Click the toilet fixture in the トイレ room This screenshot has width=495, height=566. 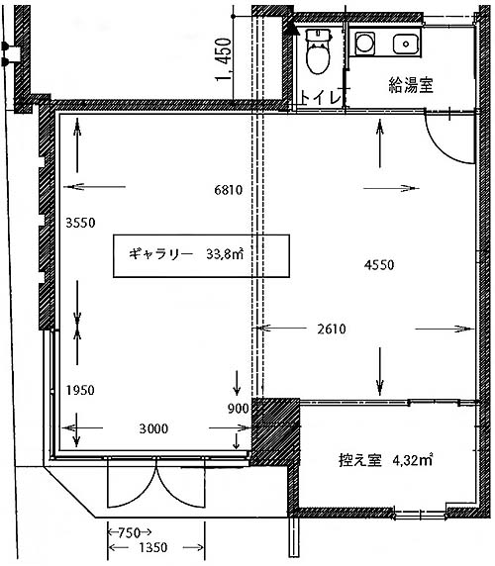coord(318,51)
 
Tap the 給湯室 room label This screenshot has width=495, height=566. coord(411,85)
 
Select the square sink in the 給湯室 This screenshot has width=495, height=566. coord(406,45)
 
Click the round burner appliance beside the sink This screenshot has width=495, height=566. coord(364,44)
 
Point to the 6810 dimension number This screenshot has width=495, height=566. coord(228,190)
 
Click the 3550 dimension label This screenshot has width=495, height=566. coord(80,223)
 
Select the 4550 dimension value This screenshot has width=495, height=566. coord(379,265)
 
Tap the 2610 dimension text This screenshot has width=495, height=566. coord(332,330)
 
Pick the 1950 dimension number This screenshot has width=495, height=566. coord(80,390)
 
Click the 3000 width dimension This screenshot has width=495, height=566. coord(153,428)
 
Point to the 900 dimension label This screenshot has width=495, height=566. coord(239,409)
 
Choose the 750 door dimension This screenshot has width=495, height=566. coord(130,532)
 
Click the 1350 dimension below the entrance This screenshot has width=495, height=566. coord(153,548)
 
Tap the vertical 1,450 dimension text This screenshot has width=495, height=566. coord(224,59)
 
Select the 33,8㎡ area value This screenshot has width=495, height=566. coord(225,254)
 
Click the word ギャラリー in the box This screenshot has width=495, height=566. coord(161,254)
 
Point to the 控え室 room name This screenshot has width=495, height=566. coord(360,460)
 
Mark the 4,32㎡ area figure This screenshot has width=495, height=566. coord(412,460)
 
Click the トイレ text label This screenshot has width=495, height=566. coord(320,97)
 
